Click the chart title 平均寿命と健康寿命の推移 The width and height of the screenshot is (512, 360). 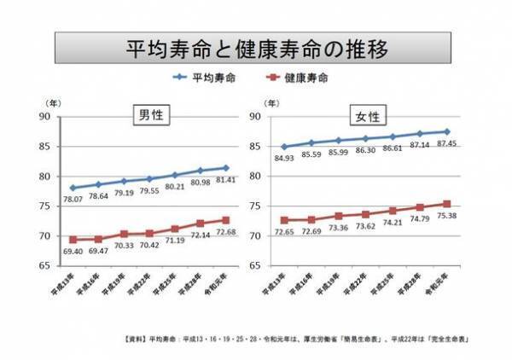click(x=257, y=48)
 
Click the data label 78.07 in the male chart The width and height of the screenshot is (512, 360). click(x=74, y=200)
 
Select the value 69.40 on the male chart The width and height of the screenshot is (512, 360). click(x=74, y=253)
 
